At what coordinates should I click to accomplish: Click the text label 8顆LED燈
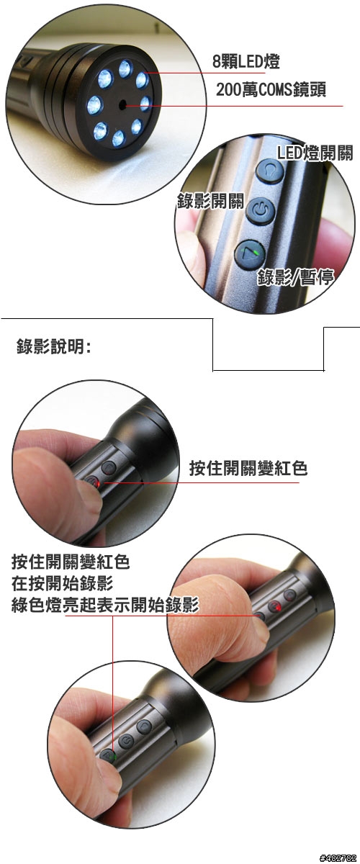point(246,62)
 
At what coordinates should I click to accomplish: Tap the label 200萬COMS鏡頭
point(271,90)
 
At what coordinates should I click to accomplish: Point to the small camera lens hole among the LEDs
point(122,104)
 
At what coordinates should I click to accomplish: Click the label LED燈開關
point(315,153)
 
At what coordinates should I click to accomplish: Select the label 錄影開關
point(211,201)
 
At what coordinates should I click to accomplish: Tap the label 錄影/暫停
point(296,277)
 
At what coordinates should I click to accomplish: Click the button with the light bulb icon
point(270,170)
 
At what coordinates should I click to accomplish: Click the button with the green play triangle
point(250,253)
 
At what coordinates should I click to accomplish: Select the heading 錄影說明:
point(54,346)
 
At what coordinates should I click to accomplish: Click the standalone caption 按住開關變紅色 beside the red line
point(248,468)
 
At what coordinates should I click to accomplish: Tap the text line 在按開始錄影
point(62,584)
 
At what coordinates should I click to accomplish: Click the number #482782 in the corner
point(338,858)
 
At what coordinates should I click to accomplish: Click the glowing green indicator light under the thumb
point(112,757)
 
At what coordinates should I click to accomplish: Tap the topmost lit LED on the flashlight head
point(125,69)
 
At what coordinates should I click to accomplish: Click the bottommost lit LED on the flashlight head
point(118,138)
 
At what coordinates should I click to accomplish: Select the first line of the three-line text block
point(71,562)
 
